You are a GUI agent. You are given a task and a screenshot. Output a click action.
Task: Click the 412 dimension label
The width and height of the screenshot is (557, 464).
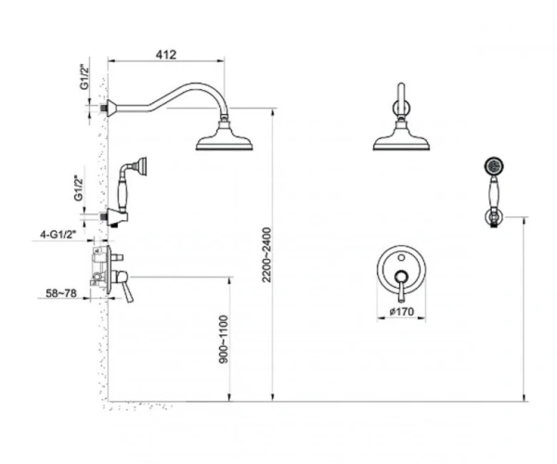tap(166, 55)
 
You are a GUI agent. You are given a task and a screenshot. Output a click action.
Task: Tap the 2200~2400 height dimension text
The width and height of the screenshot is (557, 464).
tap(266, 255)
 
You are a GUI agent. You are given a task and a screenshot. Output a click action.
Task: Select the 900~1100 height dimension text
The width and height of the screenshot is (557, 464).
tap(224, 339)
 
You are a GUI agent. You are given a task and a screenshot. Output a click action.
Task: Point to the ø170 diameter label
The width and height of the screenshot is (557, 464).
tap(402, 312)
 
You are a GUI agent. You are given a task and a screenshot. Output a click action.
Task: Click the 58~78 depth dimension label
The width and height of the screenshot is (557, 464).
tap(61, 293)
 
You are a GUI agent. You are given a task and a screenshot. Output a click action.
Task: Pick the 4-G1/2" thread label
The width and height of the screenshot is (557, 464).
tap(58, 234)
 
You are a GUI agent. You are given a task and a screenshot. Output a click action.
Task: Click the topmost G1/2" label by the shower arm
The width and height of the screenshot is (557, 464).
tap(84, 77)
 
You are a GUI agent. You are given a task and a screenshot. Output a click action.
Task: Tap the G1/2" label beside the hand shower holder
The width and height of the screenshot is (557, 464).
tap(79, 188)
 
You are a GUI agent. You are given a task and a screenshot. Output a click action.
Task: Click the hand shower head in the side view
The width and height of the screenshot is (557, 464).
tap(142, 166)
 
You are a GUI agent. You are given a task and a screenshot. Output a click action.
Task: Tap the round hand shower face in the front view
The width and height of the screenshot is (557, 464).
tap(494, 165)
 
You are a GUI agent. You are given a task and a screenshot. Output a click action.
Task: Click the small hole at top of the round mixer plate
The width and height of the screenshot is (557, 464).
tap(401, 257)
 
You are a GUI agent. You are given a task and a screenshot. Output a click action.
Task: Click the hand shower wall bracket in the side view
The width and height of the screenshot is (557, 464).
tap(116, 216)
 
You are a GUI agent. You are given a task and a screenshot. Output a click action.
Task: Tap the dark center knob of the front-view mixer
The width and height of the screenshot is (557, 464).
tap(401, 276)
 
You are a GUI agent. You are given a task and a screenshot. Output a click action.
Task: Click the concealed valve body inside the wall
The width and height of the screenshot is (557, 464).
tap(99, 265)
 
